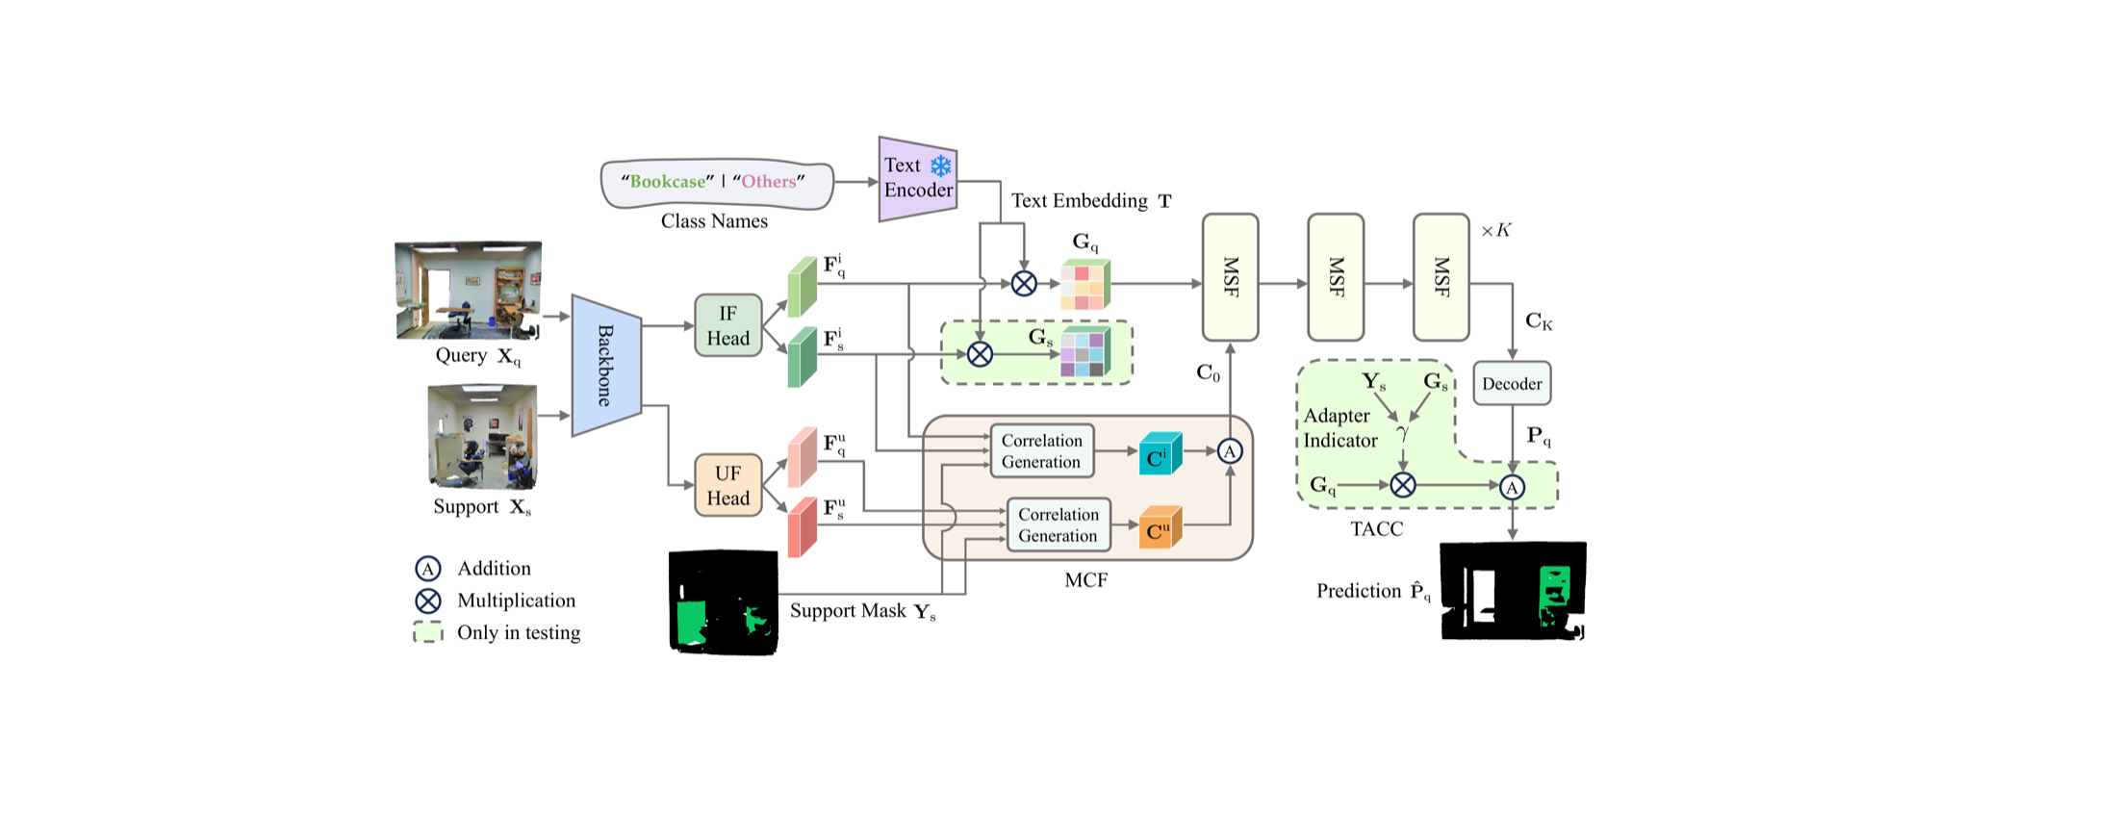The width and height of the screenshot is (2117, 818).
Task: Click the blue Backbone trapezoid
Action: pos(606,366)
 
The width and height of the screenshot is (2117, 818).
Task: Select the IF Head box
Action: pos(728,325)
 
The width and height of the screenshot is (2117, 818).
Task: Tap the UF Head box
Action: pos(728,485)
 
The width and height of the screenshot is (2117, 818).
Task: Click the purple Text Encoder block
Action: pos(918,178)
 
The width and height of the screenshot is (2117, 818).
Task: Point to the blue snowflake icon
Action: pos(940,166)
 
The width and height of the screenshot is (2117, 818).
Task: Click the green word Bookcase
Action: pos(668,181)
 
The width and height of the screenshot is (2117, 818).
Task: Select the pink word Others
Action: pos(769,181)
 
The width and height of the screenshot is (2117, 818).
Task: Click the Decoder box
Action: pos(1512,383)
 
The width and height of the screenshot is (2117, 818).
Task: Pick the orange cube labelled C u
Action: pos(1161,527)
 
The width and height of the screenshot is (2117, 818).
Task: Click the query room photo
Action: pos(469,291)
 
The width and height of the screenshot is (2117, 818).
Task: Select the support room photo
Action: pos(482,437)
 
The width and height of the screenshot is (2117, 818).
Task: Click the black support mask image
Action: pos(724,602)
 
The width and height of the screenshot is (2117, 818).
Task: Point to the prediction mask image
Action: pos(1513,591)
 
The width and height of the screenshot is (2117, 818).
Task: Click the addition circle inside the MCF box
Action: pos(1230,451)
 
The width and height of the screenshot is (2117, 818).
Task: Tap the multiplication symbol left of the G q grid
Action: pos(1024,283)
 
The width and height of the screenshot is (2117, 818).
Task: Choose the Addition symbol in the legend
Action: pos(428,569)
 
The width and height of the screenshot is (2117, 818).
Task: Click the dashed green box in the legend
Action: pos(428,632)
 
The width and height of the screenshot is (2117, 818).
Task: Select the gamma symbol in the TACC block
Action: pos(1402,433)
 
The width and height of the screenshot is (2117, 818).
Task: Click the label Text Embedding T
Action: pos(1091,200)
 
